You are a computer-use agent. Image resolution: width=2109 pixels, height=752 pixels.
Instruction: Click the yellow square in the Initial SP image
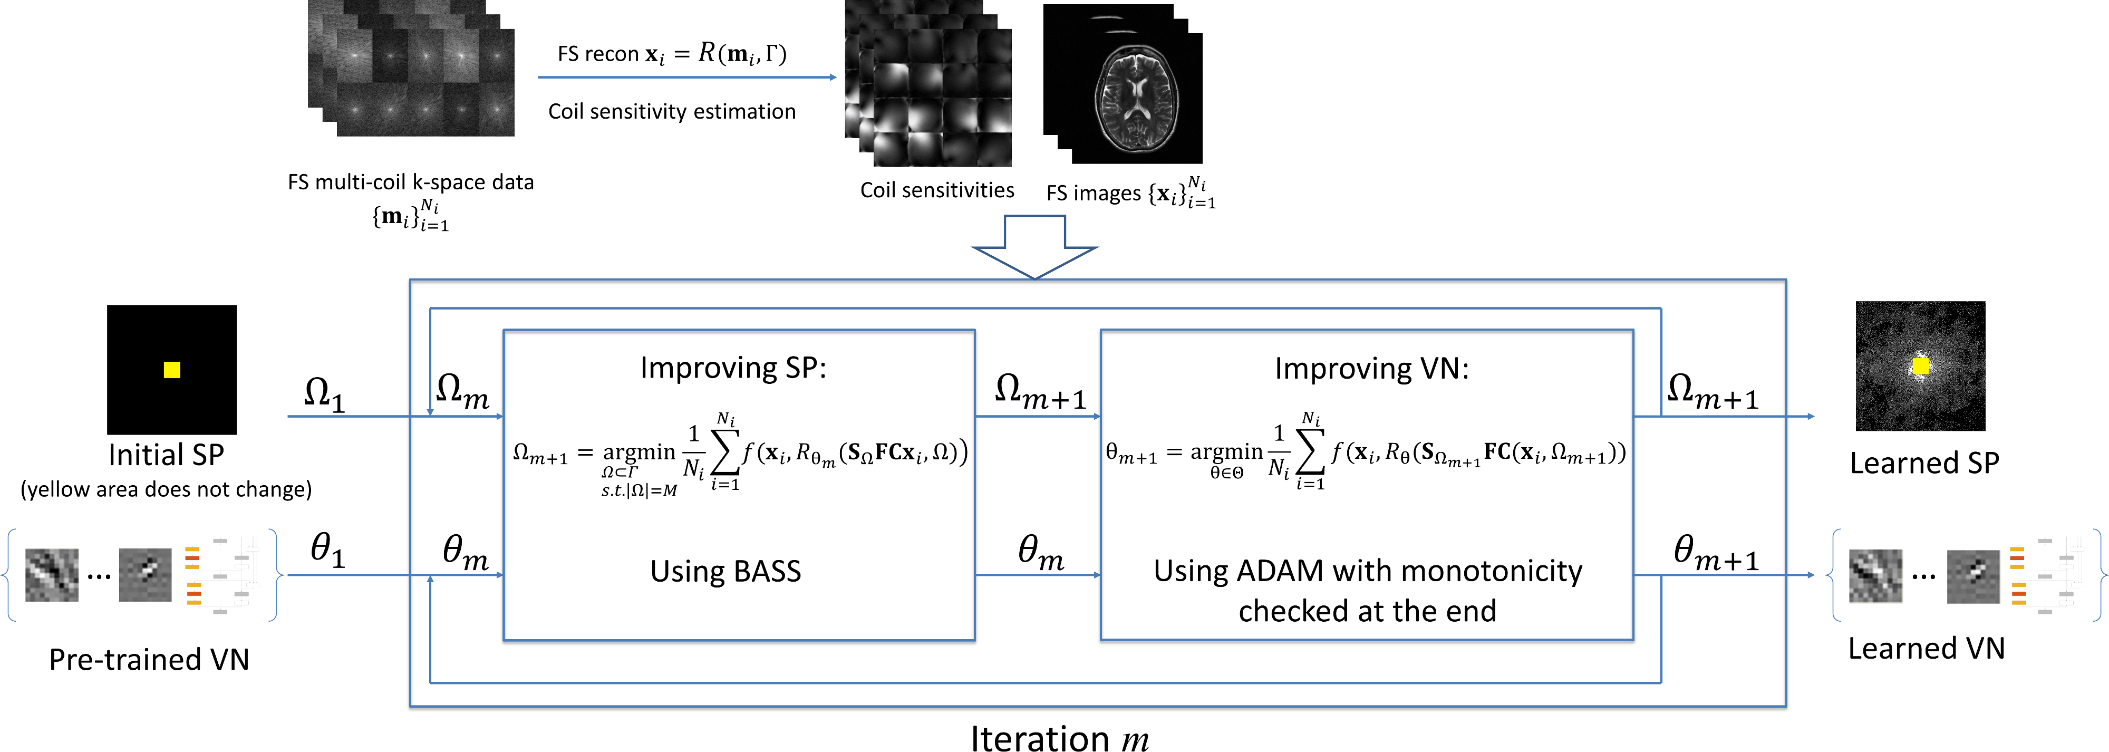172,370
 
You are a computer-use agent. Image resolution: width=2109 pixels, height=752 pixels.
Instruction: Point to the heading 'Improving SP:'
733,368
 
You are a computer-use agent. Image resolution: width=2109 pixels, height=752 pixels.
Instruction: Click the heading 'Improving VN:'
1371,369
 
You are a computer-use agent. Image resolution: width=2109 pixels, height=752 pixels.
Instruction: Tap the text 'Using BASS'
725,571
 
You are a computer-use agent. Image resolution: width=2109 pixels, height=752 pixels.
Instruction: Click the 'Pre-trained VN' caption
149,659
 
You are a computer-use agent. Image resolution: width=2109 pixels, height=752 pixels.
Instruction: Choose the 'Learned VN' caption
1927,648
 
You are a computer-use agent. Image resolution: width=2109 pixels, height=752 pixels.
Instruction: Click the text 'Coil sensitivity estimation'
672,111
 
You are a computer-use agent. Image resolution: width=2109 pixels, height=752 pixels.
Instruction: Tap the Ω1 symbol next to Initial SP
324,394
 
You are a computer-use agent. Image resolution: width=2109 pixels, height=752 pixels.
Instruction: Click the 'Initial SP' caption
166,455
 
